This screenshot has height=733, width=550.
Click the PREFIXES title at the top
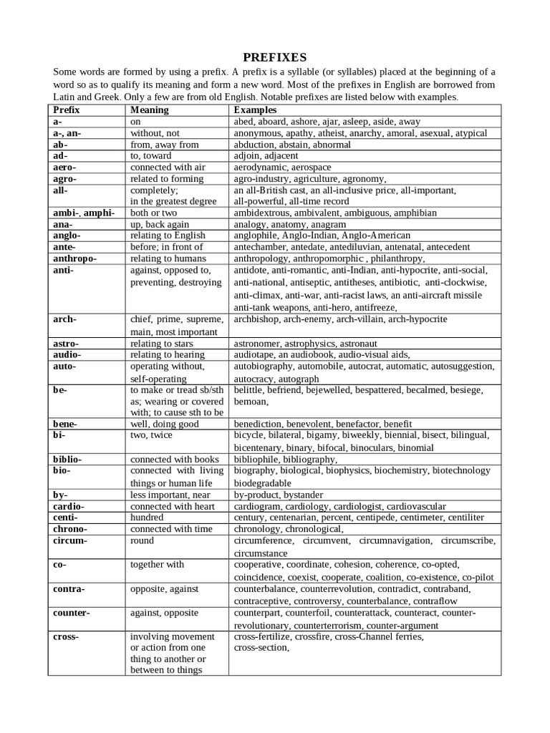pos(274,57)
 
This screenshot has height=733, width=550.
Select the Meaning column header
pos(149,110)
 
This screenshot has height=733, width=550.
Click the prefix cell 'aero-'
pos(64,167)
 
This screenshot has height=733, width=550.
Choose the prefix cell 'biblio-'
pos(67,459)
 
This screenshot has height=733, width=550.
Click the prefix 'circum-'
pos(69,540)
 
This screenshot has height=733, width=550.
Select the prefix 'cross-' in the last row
pos(66,636)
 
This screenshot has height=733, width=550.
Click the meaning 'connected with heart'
pos(173,506)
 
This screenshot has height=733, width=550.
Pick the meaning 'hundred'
pos(147,517)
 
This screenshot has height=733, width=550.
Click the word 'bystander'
pos(303,495)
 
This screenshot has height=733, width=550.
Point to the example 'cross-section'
pos(261,648)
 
